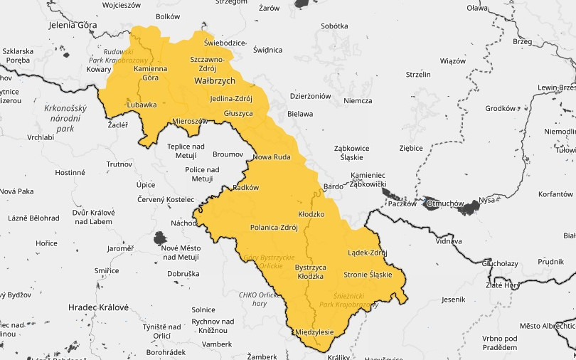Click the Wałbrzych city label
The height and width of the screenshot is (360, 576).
214,81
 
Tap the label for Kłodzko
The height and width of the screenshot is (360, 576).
311,213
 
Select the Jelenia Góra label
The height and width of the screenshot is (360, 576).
73,24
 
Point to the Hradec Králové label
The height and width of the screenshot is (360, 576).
98,307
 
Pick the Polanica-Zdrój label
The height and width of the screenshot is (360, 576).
274,228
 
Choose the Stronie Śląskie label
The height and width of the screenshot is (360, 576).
368,275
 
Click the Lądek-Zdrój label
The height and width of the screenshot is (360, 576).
367,253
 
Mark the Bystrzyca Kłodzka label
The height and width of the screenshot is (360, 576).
309,271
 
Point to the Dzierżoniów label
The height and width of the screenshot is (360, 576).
311,95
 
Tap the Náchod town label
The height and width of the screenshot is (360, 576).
183,223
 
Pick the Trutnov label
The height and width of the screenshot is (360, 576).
119,164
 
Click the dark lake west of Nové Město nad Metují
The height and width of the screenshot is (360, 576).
161,238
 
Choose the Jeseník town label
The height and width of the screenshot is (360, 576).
453,300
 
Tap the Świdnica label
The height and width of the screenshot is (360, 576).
267,50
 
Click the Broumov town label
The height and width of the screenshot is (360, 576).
228,154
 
